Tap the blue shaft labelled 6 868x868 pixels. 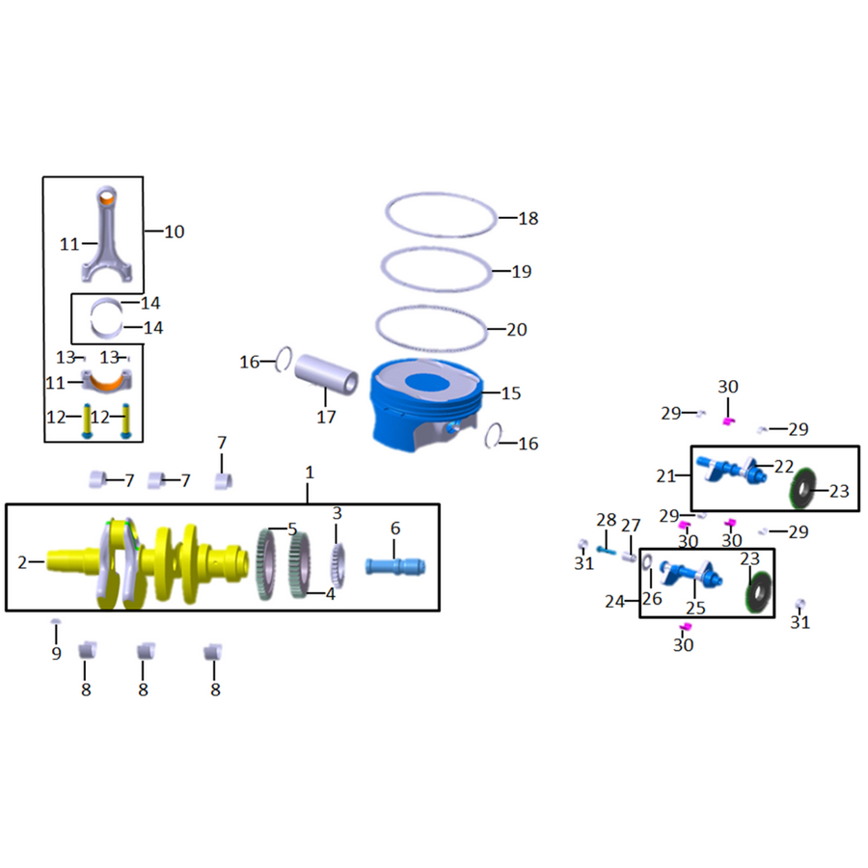pos(395,567)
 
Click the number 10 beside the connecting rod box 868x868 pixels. pos(175,231)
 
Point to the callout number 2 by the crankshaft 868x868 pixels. pos(22,562)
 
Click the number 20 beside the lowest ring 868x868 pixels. pos(517,330)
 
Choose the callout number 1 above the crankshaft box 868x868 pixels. pos(310,473)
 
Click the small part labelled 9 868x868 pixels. pos(55,622)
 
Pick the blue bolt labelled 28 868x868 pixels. pos(606,551)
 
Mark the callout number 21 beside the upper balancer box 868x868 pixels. pos(665,476)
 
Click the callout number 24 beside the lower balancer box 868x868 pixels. pos(615,601)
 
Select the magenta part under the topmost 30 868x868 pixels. pos(728,421)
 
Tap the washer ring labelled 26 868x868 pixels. pos(646,563)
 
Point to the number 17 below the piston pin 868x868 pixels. pos(326,417)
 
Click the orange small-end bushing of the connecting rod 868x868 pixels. pos(106,197)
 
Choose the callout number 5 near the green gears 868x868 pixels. pos(292,529)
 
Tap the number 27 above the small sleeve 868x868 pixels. pos(631,526)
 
